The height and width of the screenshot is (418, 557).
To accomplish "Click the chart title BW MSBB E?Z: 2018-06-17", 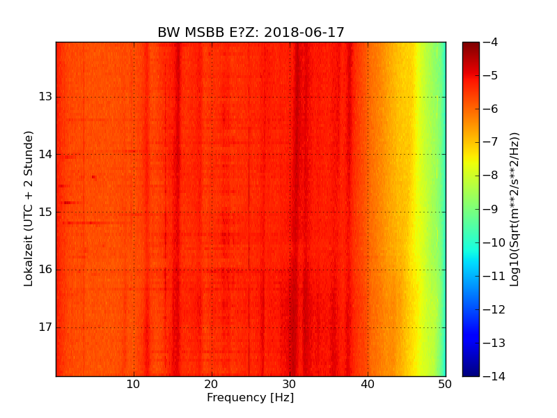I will pyautogui.click(x=251, y=33).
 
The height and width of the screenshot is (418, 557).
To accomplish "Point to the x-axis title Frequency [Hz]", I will pyautogui.click(x=250, y=398).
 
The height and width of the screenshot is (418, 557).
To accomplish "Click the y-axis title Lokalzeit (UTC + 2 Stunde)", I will pyautogui.click(x=29, y=208).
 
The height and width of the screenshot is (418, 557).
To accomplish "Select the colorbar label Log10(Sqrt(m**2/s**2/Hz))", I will pyautogui.click(x=515, y=209).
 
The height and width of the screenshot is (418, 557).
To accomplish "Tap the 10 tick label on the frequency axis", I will pyautogui.click(x=134, y=385).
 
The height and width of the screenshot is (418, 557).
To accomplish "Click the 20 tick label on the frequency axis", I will pyautogui.click(x=212, y=385).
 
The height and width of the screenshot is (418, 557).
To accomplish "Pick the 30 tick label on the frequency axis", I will pyautogui.click(x=290, y=385).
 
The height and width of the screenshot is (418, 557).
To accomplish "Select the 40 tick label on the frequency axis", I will pyautogui.click(x=368, y=385).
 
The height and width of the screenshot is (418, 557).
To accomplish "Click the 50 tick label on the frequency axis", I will pyautogui.click(x=445, y=385).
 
